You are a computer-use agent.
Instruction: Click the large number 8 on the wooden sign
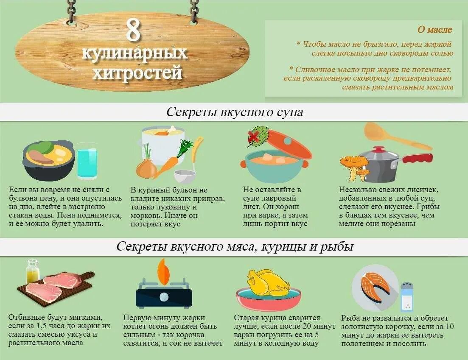tap(134, 30)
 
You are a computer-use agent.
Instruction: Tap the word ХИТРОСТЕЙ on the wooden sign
tap(137, 73)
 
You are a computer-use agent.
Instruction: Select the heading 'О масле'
tap(435, 30)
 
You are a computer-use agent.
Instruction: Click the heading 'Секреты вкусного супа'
tap(234, 112)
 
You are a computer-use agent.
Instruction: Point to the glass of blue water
tap(87, 163)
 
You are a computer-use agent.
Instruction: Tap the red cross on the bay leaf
tap(254, 136)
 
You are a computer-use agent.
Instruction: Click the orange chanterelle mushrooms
tap(355, 165)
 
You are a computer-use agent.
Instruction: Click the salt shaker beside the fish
tap(406, 297)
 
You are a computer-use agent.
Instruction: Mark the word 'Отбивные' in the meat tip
tap(26, 317)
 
